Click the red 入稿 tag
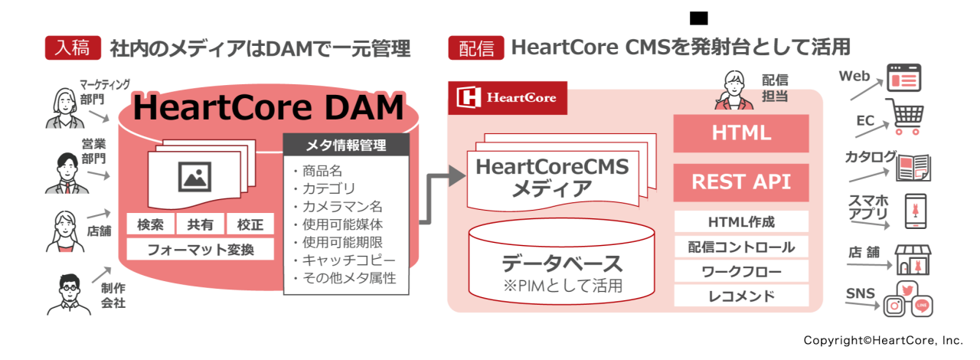[73, 47]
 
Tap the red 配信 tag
[475, 47]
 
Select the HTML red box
[740, 133]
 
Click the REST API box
[740, 182]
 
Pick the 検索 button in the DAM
[149, 224]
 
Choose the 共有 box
[200, 224]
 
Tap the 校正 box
[250, 224]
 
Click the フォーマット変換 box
[200, 250]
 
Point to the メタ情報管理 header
[346, 146]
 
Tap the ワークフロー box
[740, 271]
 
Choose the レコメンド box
[740, 296]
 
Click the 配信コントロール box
[740, 247]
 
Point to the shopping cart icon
[906, 117]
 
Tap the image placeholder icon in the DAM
[194, 177]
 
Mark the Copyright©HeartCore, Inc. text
[883, 339]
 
